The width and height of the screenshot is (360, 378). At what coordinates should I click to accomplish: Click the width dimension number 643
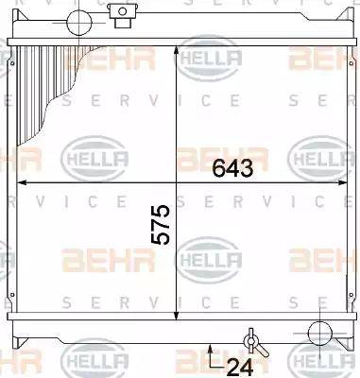tap(232, 167)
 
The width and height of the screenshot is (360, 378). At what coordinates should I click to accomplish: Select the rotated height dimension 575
tap(161, 225)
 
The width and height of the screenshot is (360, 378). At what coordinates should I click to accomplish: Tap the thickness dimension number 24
tap(240, 367)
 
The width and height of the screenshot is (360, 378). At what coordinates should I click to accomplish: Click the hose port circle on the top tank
tap(79, 23)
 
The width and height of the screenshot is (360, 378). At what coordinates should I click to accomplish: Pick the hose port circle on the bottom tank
tap(320, 333)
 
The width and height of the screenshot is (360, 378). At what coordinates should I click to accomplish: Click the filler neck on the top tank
tap(123, 15)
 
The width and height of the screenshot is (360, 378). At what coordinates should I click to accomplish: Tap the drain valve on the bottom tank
tap(254, 343)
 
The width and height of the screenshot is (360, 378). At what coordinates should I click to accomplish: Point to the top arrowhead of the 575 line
tap(177, 52)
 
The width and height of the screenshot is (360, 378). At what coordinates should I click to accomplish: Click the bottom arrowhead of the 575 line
tap(177, 315)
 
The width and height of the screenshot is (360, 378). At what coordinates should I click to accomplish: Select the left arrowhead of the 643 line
tap(22, 182)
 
